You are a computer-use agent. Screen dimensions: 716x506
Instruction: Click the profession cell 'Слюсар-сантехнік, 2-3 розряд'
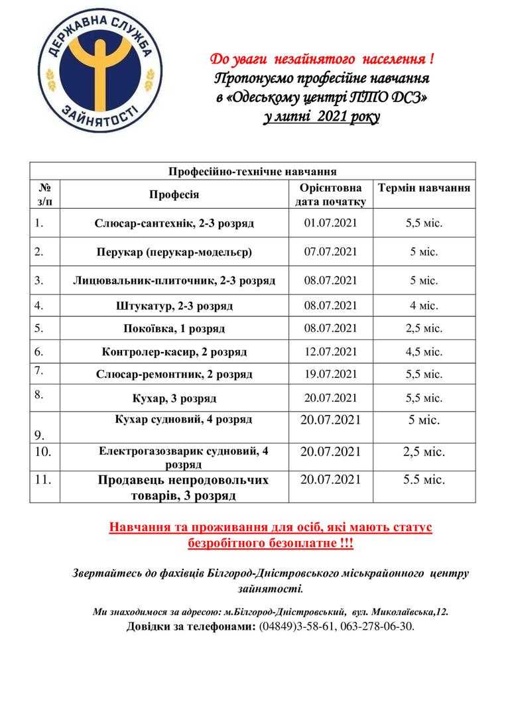[174, 223]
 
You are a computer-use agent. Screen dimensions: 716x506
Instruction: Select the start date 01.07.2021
[330, 223]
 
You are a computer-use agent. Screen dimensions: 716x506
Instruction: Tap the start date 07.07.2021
[330, 251]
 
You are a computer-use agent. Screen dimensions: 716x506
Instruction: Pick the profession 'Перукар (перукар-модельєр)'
[174, 252]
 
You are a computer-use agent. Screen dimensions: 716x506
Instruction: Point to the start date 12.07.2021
[330, 351]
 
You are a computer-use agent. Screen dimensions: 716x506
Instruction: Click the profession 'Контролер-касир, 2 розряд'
[174, 352]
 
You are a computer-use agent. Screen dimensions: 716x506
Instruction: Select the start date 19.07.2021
[330, 374]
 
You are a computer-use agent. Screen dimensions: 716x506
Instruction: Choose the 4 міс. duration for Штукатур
[424, 306]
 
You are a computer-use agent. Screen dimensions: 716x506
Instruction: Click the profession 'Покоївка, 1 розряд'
[174, 328]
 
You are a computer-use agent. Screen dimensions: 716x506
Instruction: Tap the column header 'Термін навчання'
[424, 188]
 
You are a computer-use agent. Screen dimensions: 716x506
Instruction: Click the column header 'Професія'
[174, 194]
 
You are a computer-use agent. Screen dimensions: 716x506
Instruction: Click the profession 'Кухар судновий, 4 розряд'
[174, 420]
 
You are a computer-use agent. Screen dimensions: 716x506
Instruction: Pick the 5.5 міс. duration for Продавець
[424, 479]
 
